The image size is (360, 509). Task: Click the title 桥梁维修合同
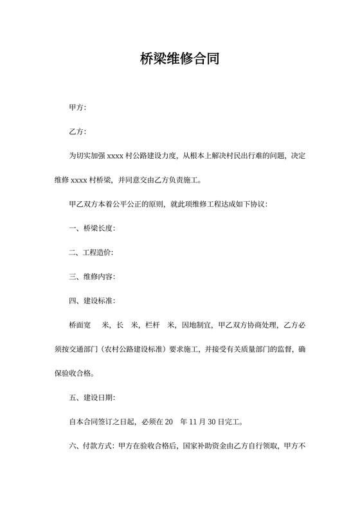179,60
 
